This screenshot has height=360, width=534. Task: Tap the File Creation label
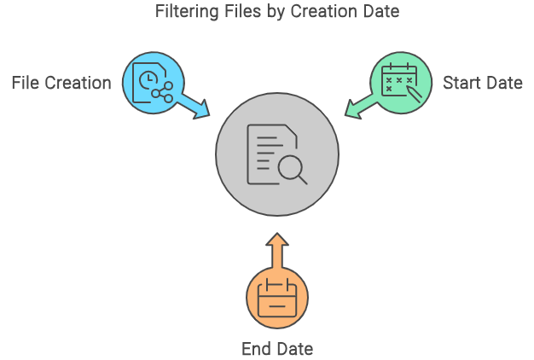(x=61, y=83)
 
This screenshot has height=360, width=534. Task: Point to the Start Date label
(x=483, y=83)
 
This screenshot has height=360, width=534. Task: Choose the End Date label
(x=277, y=349)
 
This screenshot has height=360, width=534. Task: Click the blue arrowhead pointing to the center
(x=201, y=109)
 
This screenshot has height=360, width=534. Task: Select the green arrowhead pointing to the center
(x=353, y=109)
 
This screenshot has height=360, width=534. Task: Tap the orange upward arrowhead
(x=277, y=239)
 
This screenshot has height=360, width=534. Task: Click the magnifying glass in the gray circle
(x=293, y=170)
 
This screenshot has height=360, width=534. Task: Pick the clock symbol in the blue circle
(x=148, y=79)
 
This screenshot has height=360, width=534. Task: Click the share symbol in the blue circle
(x=162, y=92)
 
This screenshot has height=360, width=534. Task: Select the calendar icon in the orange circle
(x=277, y=298)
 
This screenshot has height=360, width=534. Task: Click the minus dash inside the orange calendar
(x=277, y=306)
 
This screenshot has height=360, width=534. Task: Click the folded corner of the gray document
(x=291, y=131)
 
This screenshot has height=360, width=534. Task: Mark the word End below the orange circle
(x=255, y=349)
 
